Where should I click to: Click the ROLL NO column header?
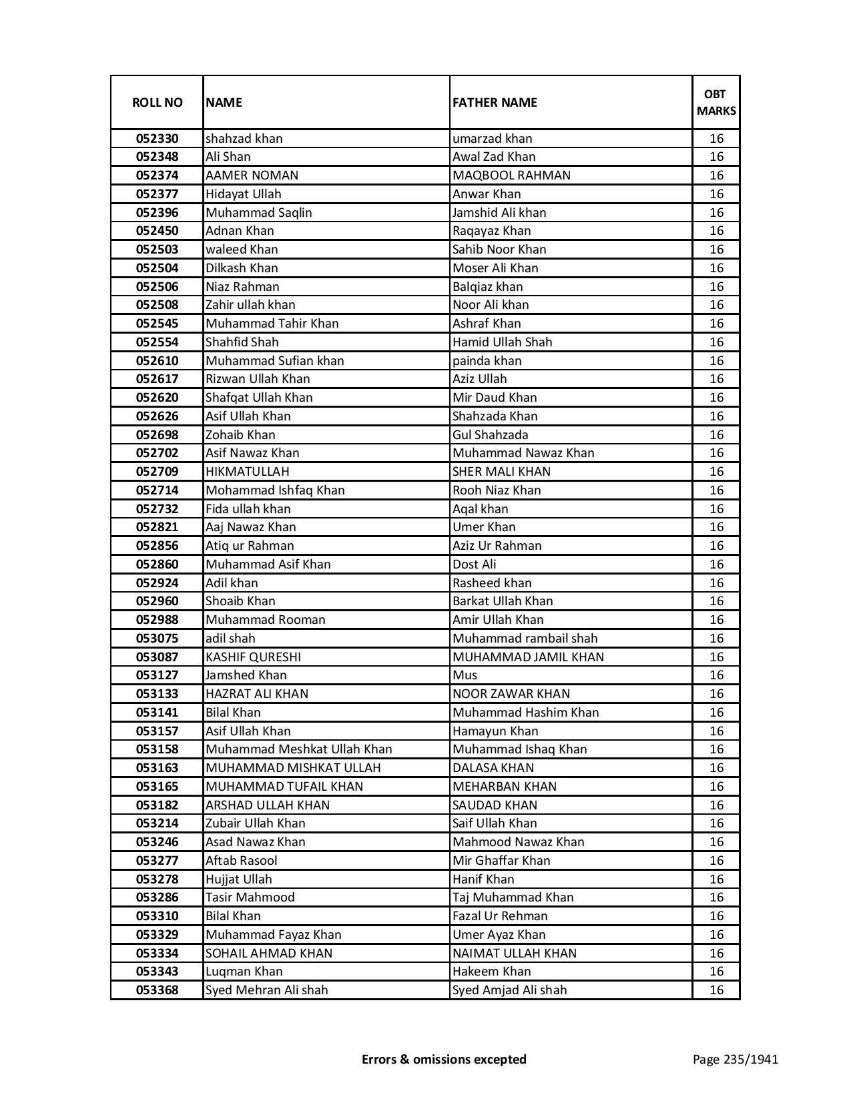(157, 102)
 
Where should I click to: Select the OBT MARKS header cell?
(716, 102)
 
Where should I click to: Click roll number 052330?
(157, 139)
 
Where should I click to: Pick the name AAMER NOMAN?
(252, 175)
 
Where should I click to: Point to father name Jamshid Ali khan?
(499, 213)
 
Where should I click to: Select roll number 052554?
(157, 342)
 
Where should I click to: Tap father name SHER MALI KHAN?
(501, 472)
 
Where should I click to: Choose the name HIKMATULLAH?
(247, 472)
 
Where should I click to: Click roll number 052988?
(157, 620)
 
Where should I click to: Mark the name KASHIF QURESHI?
(253, 657)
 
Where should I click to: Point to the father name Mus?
(465, 675)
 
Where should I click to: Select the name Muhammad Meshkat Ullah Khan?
(298, 749)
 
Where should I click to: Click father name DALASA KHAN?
(493, 768)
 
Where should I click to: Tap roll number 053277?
(157, 861)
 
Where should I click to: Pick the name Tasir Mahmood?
(250, 897)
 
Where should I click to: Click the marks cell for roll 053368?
(716, 990)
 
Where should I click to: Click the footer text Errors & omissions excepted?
(444, 1059)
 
